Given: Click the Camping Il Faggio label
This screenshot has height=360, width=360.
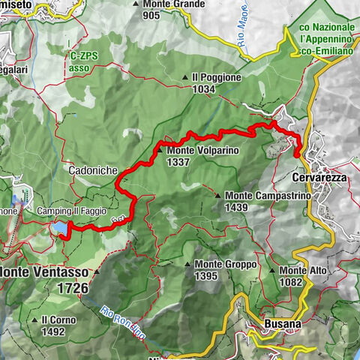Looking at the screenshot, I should (71, 211).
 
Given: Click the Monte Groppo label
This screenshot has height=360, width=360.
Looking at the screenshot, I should (226, 265).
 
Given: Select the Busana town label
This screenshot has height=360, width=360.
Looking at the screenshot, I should (283, 324).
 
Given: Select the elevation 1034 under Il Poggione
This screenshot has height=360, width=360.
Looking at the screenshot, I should (205, 89).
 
